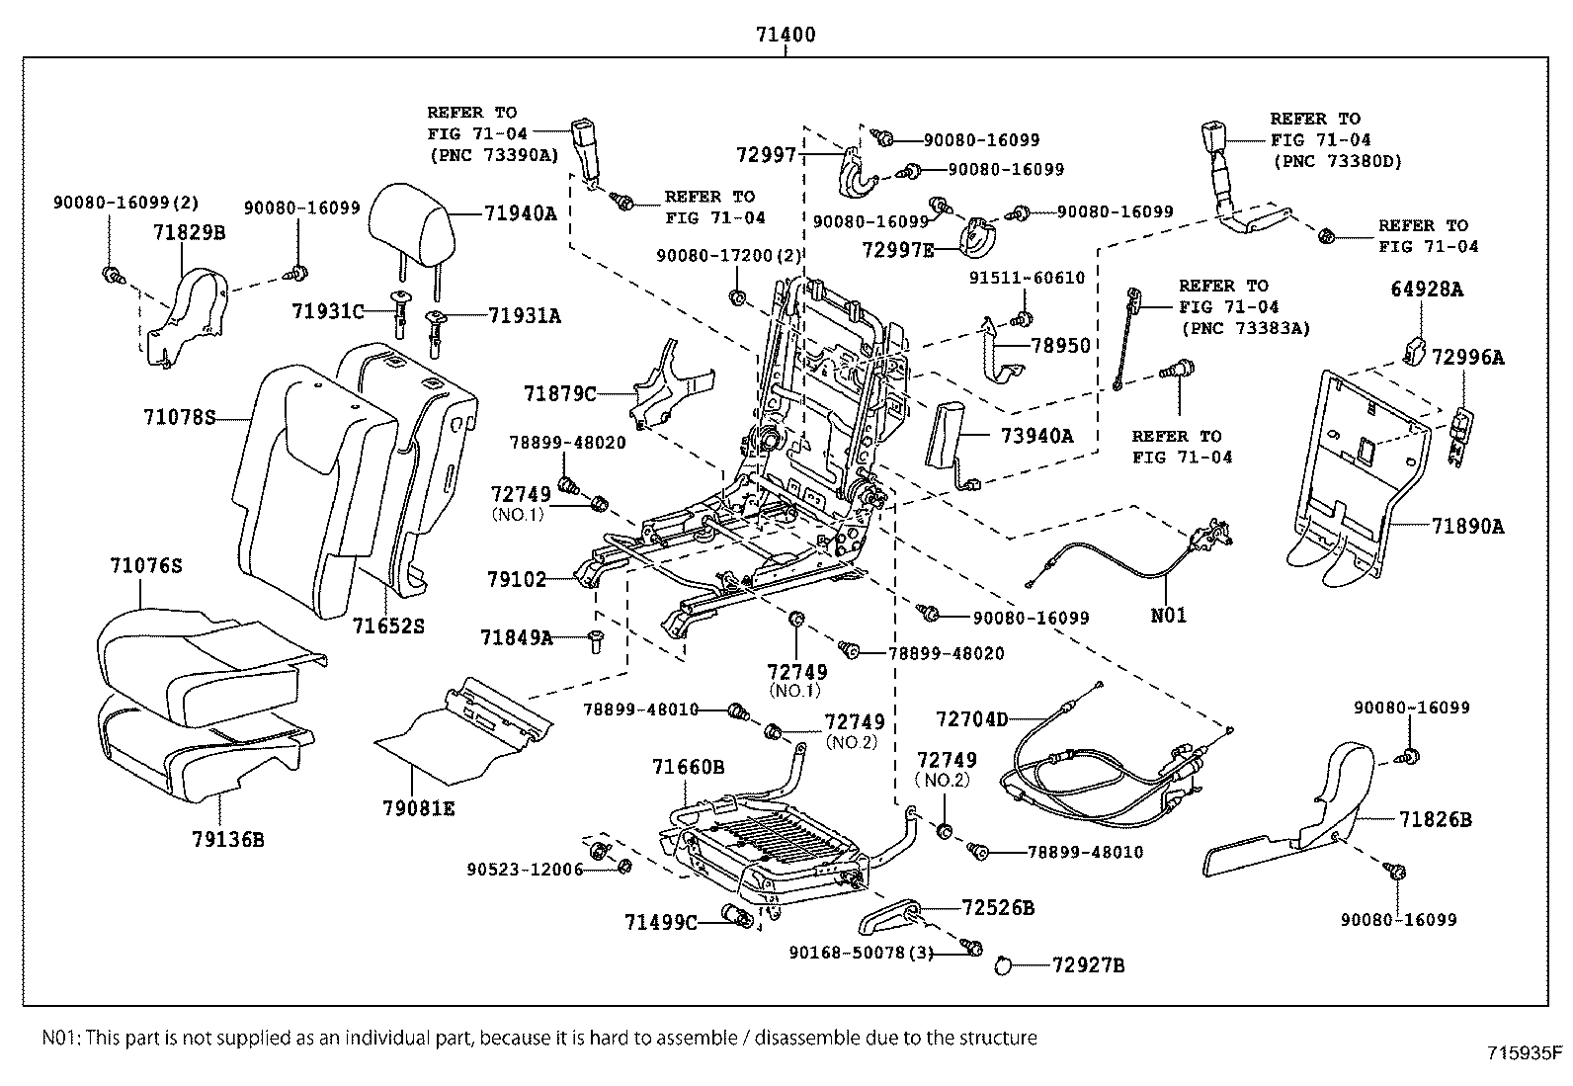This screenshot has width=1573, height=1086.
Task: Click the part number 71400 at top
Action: point(786,35)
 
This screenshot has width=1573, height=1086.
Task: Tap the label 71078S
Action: point(177,417)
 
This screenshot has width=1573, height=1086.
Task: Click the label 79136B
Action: point(228,840)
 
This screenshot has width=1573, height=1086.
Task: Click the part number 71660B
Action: point(689,766)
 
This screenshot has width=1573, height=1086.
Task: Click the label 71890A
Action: point(1467,527)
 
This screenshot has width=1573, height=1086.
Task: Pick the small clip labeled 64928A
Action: point(1414,350)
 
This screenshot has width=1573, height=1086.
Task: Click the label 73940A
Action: point(1036,435)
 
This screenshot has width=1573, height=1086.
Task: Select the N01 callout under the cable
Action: point(1169,615)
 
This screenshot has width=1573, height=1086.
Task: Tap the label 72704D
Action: point(972,719)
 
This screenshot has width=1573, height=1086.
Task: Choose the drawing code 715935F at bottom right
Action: point(1527,1052)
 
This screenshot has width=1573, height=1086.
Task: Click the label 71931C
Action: point(327,311)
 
